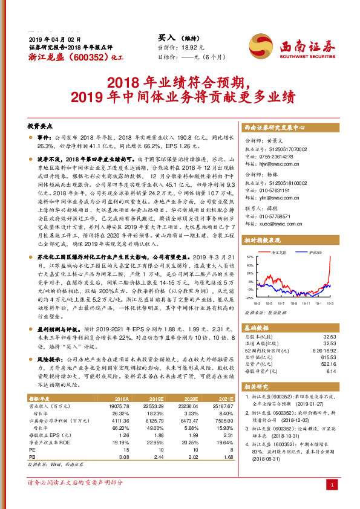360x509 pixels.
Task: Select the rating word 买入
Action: coord(166,37)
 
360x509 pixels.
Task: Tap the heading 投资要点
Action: coord(40,127)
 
